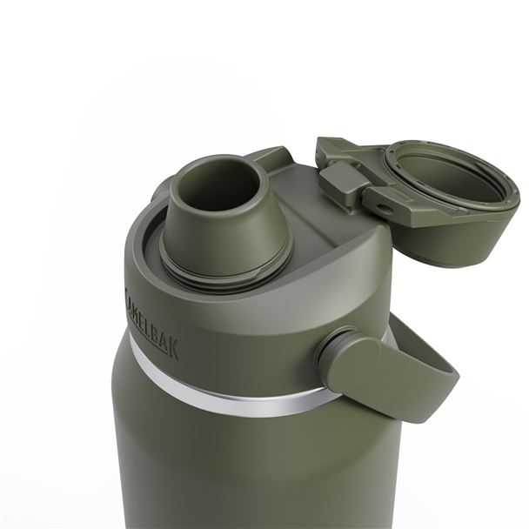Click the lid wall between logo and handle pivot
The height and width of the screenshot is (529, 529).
252,339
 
